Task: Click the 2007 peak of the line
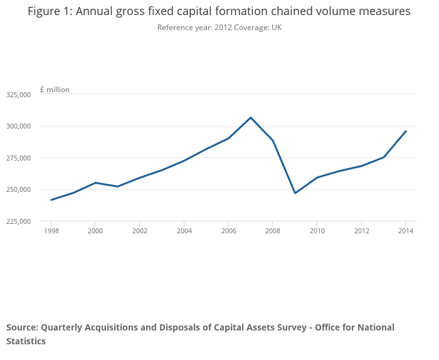pos(251,117)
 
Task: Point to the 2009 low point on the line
pos(295,193)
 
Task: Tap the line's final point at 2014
pos(406,131)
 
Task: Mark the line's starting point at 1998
pos(51,200)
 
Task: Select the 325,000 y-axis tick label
pos(18,95)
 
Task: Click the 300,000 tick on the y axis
pos(18,126)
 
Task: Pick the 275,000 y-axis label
pos(18,158)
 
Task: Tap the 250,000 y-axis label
pos(18,189)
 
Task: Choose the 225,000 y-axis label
pos(18,221)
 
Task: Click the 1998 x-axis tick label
pos(51,231)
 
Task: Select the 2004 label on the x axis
pos(184,231)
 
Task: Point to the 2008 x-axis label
pos(273,231)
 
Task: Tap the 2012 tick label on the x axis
pos(361,231)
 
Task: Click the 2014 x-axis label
pos(406,231)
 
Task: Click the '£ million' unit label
pos(55,90)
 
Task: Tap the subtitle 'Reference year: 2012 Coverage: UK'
pos(219,28)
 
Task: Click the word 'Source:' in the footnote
pos(22,327)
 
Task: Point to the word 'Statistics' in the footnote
pos(26,341)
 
